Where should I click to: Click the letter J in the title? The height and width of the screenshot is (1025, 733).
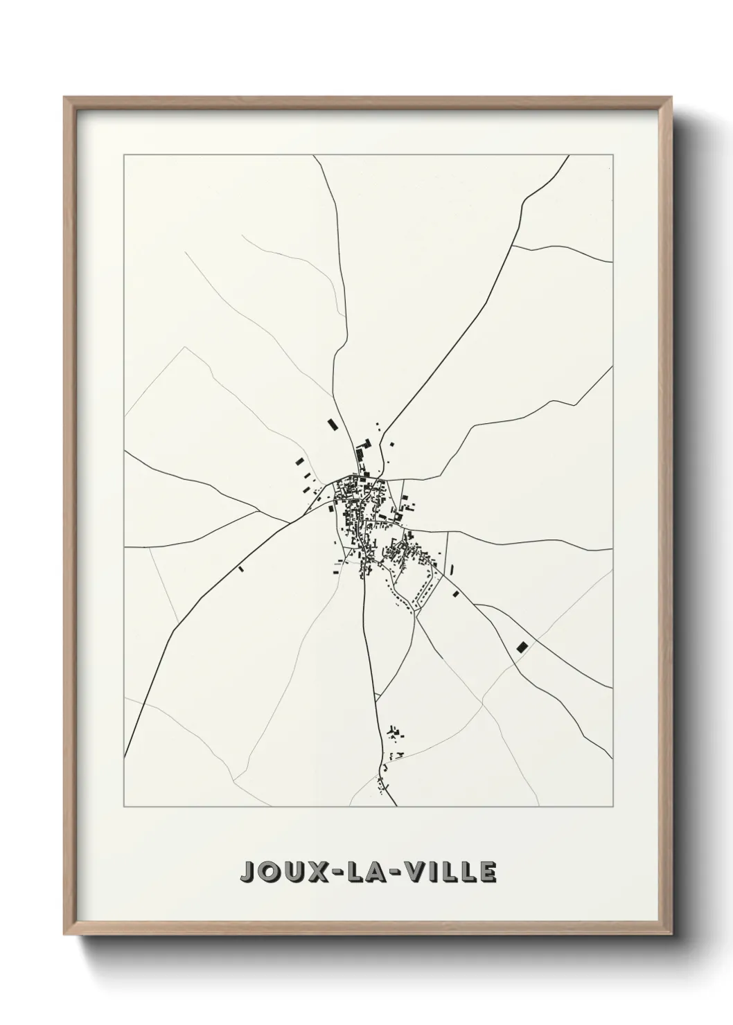(x=247, y=872)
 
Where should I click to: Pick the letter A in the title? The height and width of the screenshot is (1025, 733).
(x=382, y=872)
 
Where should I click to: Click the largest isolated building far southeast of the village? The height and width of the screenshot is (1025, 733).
(x=522, y=647)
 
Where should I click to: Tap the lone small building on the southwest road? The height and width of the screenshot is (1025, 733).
(x=240, y=569)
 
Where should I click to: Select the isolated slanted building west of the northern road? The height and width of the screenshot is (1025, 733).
(x=331, y=423)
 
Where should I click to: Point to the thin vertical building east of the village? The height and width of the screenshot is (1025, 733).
(x=452, y=570)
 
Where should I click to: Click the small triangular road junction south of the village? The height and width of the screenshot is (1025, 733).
(x=376, y=696)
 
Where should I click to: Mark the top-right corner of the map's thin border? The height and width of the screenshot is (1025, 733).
(x=612, y=155)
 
